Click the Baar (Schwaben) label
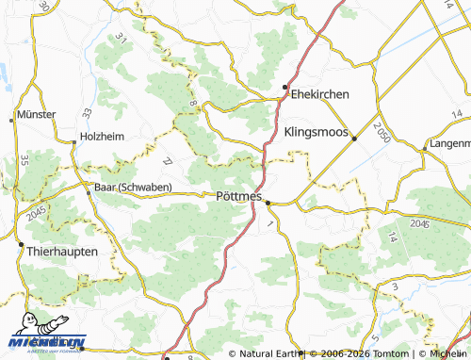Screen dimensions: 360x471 click(132, 187)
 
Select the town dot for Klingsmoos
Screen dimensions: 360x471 click(354, 139)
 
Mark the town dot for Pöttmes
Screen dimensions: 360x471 click(268, 202)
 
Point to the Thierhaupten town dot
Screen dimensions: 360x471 click(21, 244)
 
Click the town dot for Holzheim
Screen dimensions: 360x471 click(74, 142)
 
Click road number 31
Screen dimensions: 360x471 click(121, 39)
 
